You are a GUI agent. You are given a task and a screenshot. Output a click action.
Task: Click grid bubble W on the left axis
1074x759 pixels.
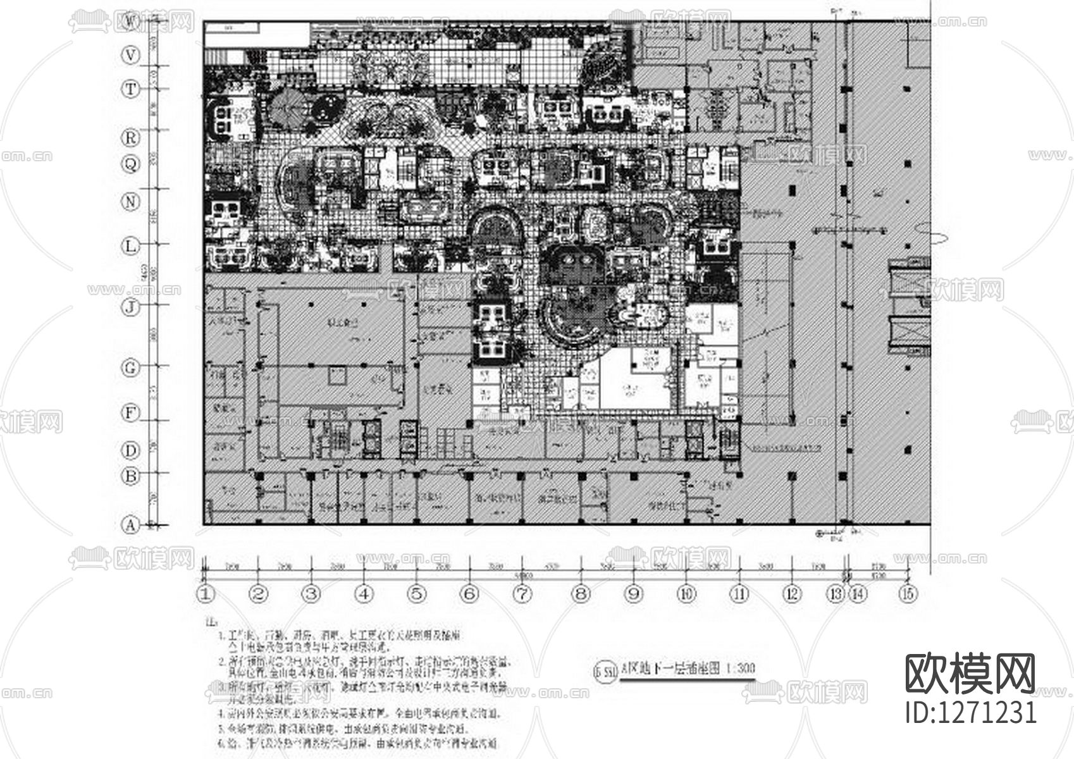click(x=130, y=22)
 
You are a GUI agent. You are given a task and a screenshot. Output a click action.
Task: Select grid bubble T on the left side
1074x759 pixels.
click(x=130, y=89)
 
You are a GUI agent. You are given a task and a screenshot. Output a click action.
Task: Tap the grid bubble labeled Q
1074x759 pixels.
click(x=130, y=164)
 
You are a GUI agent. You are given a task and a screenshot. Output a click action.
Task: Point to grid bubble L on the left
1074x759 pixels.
click(x=130, y=246)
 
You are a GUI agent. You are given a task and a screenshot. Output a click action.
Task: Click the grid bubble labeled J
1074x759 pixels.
click(x=130, y=307)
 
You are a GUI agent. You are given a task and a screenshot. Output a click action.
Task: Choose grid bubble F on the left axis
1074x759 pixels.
click(x=130, y=414)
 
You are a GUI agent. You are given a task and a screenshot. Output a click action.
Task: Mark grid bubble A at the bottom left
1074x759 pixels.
click(x=130, y=525)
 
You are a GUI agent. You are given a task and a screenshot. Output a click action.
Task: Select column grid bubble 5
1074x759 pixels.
click(x=416, y=594)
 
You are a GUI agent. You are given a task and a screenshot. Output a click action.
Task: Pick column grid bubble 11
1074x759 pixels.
click(x=739, y=594)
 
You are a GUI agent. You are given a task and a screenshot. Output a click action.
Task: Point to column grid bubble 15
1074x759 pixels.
click(x=909, y=594)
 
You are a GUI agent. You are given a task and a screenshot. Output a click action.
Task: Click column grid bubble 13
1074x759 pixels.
click(x=836, y=594)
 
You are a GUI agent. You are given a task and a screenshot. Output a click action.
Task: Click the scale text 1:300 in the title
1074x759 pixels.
click(x=740, y=668)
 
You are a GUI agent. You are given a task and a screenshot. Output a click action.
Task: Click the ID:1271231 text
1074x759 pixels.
click(x=972, y=712)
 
